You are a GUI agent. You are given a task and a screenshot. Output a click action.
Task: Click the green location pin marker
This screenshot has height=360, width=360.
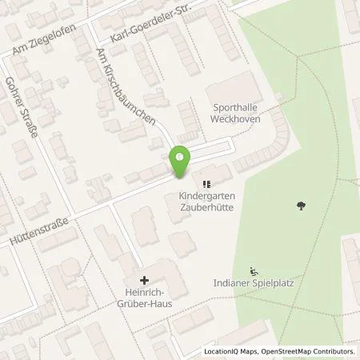pyautogui.click(x=180, y=162)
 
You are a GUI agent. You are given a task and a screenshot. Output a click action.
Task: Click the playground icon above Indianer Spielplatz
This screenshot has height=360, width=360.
pyautogui.click(x=254, y=270)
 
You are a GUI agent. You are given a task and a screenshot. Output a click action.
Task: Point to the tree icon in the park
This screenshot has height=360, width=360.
pyautogui.click(x=301, y=206)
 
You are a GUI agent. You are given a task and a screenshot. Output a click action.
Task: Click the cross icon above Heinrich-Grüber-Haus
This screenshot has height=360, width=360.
pyautogui.click(x=144, y=280)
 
